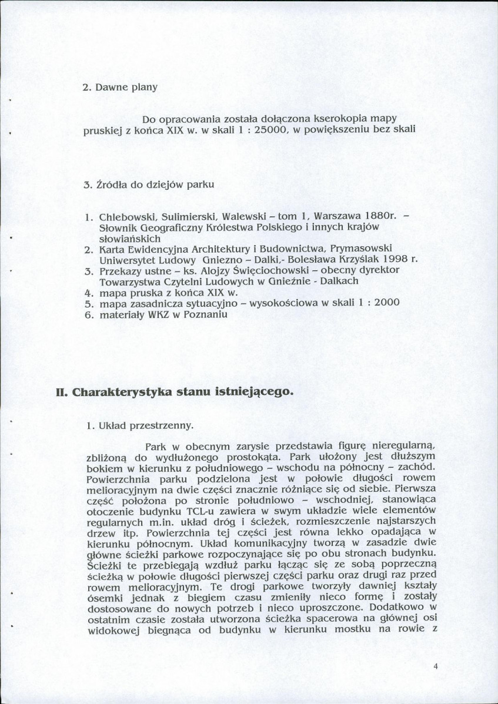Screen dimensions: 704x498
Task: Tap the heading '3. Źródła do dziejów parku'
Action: [x=148, y=185]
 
